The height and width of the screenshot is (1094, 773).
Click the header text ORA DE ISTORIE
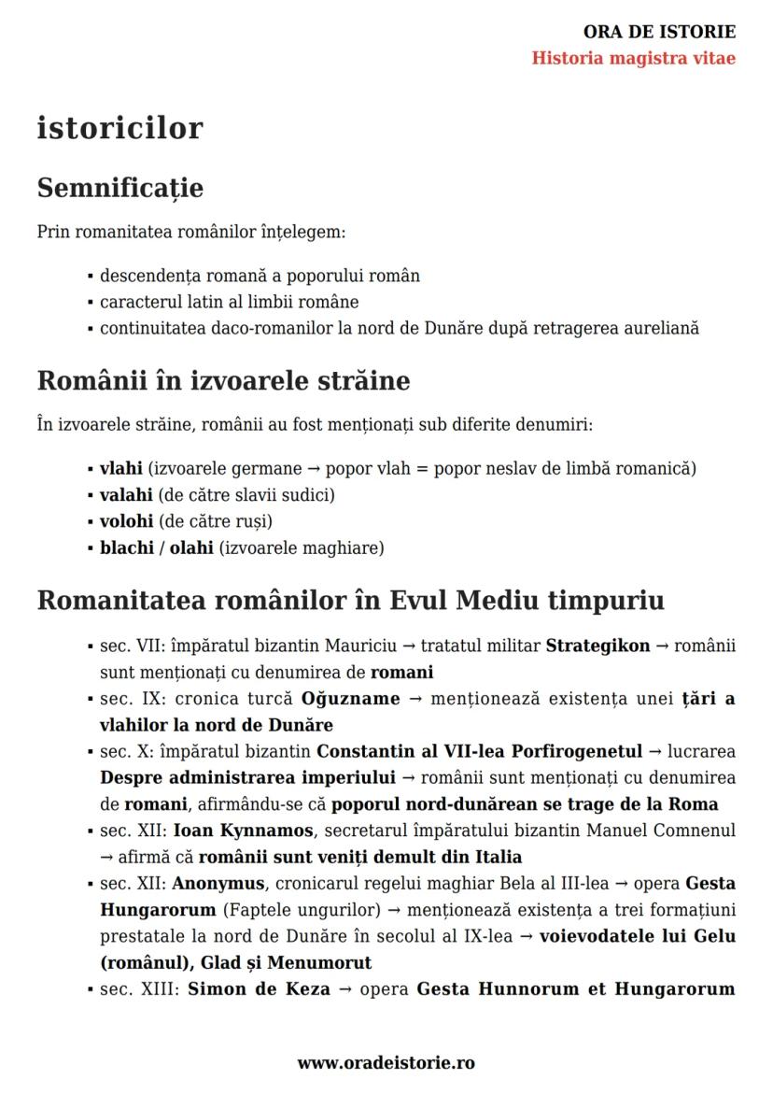[659, 32]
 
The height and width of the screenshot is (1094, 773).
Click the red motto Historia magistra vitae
[633, 58]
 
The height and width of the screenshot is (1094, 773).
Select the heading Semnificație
[119, 188]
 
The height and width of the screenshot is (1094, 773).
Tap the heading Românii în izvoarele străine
[223, 381]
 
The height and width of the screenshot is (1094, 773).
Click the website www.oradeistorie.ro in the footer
[386, 1062]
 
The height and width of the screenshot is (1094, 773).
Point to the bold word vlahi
[120, 468]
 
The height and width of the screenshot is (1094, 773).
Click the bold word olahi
[191, 547]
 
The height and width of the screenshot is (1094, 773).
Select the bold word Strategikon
[597, 646]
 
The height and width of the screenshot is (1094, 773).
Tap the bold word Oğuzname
[350, 699]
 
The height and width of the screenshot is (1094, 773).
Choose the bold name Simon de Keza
[259, 988]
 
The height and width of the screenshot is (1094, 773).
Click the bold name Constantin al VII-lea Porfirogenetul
[479, 751]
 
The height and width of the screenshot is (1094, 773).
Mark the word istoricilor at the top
[119, 128]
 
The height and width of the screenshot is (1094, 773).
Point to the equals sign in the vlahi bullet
[423, 468]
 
